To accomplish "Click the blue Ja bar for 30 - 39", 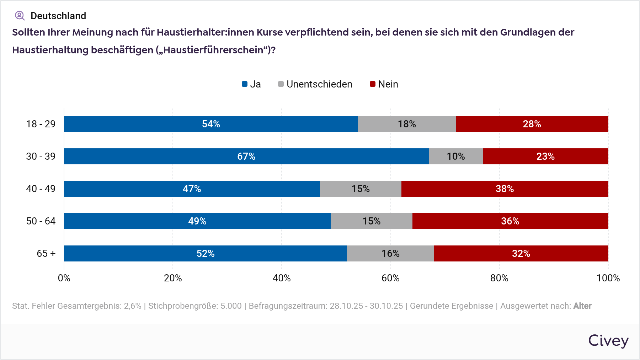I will [x=246, y=156].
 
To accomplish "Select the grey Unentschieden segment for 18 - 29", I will [x=407, y=124].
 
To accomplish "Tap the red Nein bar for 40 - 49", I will [x=505, y=189].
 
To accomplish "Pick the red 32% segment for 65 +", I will [x=521, y=253].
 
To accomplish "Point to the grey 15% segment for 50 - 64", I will [x=371, y=221].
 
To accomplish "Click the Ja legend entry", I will [x=251, y=84].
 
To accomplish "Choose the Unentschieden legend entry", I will [x=315, y=84].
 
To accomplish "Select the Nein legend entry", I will [x=384, y=84].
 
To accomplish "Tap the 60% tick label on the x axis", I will [x=390, y=278].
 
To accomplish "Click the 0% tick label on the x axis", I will [x=64, y=278].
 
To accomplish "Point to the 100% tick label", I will [x=608, y=278].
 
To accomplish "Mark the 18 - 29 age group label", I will [x=41, y=124].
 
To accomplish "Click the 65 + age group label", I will [x=46, y=254].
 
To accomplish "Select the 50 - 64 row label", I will [x=41, y=221].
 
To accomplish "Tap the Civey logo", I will [x=608, y=340].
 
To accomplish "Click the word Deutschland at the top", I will [x=58, y=16].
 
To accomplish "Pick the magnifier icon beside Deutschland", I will [x=20, y=16].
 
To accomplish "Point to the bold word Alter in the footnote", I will [x=582, y=306].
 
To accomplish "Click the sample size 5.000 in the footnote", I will [x=231, y=306].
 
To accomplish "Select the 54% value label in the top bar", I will [x=211, y=124].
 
